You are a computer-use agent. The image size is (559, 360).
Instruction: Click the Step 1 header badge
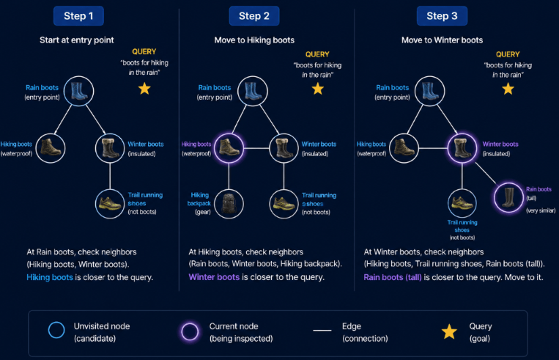click(x=78, y=15)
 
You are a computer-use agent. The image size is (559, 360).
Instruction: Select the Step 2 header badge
click(x=253, y=15)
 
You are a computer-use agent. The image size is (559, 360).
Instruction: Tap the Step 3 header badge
click(x=442, y=15)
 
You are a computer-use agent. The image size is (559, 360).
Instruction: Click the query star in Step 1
click(x=144, y=89)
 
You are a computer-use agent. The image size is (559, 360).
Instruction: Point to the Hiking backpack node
click(x=229, y=204)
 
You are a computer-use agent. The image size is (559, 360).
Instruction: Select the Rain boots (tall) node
click(x=508, y=197)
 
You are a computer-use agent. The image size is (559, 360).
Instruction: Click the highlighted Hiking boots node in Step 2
click(x=229, y=147)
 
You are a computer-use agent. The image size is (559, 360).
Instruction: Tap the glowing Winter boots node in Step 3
click(x=462, y=147)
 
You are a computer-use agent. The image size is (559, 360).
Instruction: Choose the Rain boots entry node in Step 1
click(x=79, y=91)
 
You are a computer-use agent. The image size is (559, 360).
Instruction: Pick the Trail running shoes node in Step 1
click(x=110, y=204)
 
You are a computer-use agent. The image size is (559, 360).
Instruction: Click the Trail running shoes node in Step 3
click(x=462, y=203)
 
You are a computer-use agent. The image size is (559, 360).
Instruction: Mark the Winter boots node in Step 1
click(x=110, y=147)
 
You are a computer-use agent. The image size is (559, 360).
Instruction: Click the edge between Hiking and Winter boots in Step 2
click(x=256, y=148)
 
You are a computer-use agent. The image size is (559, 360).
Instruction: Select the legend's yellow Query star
click(x=449, y=332)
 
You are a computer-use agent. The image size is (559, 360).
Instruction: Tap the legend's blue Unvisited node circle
click(x=56, y=330)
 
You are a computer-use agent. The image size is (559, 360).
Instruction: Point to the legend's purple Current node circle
click(x=190, y=331)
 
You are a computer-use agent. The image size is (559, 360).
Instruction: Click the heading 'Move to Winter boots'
click(x=442, y=40)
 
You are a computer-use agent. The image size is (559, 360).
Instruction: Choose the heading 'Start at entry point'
click(x=77, y=40)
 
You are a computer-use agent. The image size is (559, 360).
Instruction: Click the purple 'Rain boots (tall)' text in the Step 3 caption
click(x=393, y=277)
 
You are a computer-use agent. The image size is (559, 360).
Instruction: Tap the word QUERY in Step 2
click(x=317, y=54)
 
